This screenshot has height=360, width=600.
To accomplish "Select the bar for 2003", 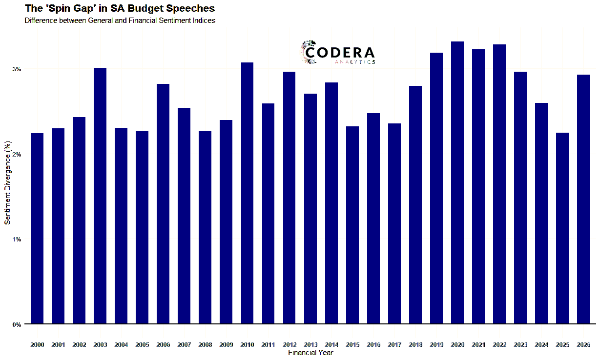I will (x=100, y=196).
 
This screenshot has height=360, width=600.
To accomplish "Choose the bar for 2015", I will (x=352, y=225).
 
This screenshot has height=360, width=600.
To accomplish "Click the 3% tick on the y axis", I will (x=17, y=69).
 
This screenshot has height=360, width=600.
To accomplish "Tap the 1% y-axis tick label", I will (x=17, y=240).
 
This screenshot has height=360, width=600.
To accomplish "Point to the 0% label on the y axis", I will (x=17, y=324).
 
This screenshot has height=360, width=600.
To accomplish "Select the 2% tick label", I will (x=17, y=155).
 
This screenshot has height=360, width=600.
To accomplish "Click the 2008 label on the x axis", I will (x=205, y=345).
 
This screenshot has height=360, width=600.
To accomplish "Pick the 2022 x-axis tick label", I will (x=499, y=345).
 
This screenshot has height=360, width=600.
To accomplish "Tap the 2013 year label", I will (x=310, y=345).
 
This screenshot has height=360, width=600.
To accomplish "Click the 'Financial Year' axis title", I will (x=310, y=353).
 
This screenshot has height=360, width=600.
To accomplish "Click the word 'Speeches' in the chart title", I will (x=190, y=9).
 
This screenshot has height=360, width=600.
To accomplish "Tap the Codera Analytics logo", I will (x=338, y=53).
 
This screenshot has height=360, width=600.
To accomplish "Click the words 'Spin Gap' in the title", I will (x=71, y=9).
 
